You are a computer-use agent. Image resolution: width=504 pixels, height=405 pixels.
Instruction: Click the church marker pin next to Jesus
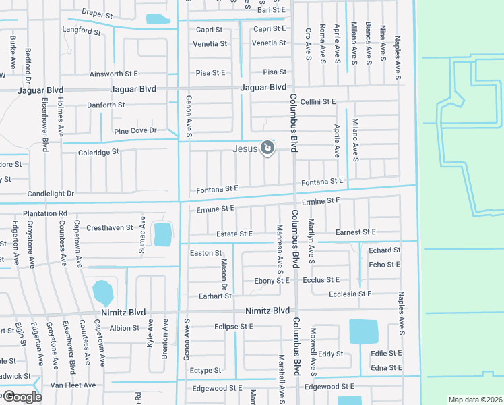[x=267, y=147]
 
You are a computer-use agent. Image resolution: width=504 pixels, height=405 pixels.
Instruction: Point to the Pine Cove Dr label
[x=135, y=130]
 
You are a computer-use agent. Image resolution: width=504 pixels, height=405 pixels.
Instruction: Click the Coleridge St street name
[x=98, y=152]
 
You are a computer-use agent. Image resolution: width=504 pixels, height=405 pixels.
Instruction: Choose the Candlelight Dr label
[x=50, y=194]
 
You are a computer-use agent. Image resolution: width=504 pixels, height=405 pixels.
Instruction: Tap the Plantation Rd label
[x=45, y=213]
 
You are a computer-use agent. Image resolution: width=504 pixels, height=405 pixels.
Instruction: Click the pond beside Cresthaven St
[x=162, y=235]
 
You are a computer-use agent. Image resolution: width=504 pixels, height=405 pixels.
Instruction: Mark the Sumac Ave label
[x=142, y=235]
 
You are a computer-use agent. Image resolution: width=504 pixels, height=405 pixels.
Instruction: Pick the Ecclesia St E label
[x=350, y=294]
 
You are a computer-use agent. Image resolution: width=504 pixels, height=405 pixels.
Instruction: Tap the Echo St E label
[x=385, y=265]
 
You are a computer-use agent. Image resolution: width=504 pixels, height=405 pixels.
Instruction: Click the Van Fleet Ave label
[x=75, y=385]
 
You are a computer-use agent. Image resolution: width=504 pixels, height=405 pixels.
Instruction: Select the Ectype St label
[x=206, y=371]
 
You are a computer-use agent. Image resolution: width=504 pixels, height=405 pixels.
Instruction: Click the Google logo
[x=22, y=397]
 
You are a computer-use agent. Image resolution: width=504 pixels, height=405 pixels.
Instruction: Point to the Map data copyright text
[x=475, y=400]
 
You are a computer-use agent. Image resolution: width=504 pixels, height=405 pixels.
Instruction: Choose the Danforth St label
[x=106, y=105]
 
